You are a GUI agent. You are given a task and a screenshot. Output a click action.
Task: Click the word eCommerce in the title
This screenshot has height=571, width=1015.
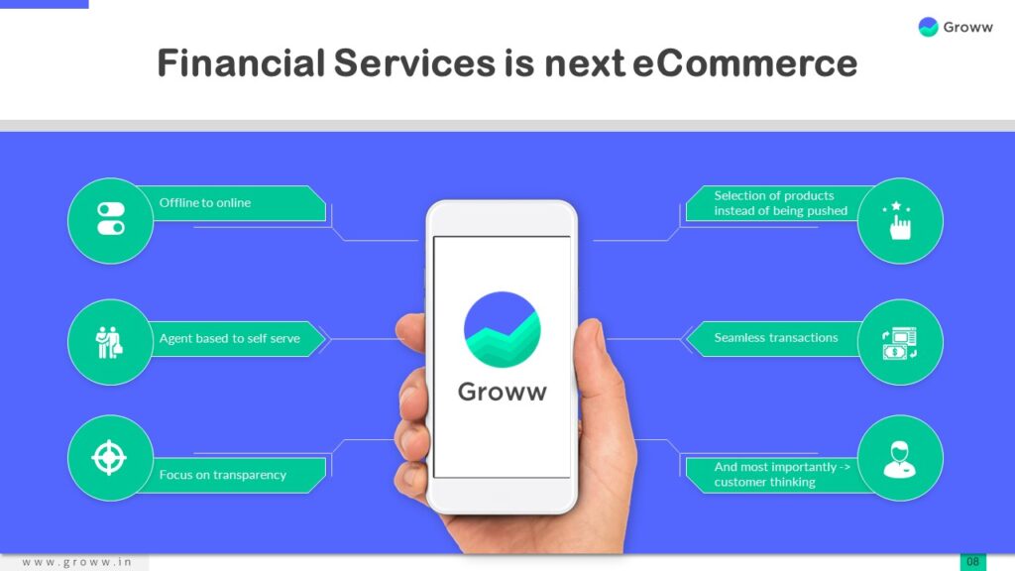(x=744, y=63)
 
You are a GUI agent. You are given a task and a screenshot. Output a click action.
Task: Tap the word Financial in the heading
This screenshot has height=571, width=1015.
(x=241, y=63)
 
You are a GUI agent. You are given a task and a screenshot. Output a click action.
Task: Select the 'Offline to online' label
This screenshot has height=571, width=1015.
(x=205, y=202)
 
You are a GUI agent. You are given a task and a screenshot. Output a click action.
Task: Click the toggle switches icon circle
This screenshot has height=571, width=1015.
(x=110, y=220)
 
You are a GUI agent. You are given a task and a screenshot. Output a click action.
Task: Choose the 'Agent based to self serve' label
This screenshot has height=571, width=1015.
(x=229, y=338)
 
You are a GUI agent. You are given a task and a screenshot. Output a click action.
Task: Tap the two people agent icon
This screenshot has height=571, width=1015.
(x=109, y=342)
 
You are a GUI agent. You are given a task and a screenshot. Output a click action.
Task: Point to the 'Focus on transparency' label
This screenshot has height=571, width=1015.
(x=222, y=475)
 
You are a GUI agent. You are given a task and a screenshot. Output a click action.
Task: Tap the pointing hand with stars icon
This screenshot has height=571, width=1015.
(x=900, y=220)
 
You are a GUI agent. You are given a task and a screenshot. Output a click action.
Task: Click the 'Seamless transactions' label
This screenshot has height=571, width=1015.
(x=776, y=338)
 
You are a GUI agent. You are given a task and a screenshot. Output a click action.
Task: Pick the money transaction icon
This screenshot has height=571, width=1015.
(x=900, y=342)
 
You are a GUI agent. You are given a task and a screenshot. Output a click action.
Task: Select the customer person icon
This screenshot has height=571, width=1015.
(x=900, y=457)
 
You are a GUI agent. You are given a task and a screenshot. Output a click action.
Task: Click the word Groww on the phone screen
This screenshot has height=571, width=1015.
(x=502, y=392)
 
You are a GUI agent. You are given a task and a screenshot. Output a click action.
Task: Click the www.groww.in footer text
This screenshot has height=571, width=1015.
(x=76, y=562)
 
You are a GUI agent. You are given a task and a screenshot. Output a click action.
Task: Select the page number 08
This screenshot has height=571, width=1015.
(x=972, y=562)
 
